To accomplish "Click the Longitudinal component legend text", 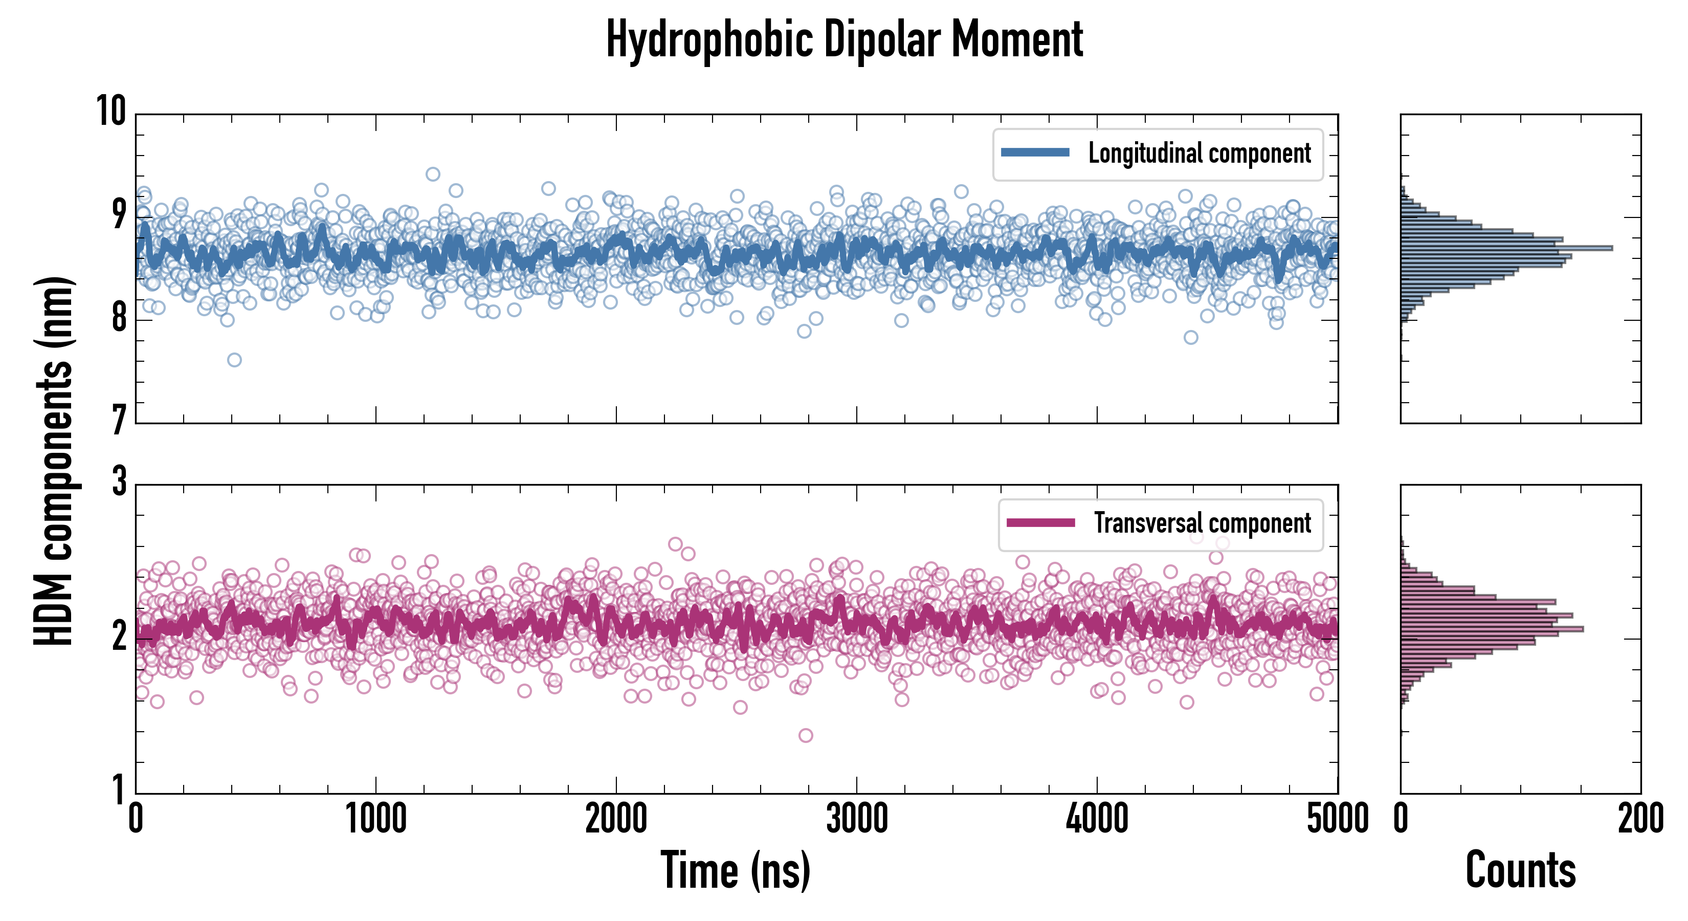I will pyautogui.click(x=1199, y=153).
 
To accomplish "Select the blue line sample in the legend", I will pyautogui.click(x=1035, y=153).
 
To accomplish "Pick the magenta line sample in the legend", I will pyautogui.click(x=1040, y=522).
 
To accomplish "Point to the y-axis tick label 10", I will pyautogui.click(x=112, y=111).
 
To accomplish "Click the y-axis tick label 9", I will pyautogui.click(x=119, y=214).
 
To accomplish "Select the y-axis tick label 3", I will pyautogui.click(x=119, y=482).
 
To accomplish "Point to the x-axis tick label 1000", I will pyautogui.click(x=376, y=819).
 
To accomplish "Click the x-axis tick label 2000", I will pyautogui.click(x=616, y=819).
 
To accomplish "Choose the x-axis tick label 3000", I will pyautogui.click(x=856, y=819).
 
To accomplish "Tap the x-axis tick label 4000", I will pyautogui.click(x=1097, y=819).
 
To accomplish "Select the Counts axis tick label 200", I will pyautogui.click(x=1640, y=819).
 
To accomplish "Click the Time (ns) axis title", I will pyautogui.click(x=735, y=870).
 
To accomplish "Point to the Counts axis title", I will pyautogui.click(x=1520, y=870).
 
